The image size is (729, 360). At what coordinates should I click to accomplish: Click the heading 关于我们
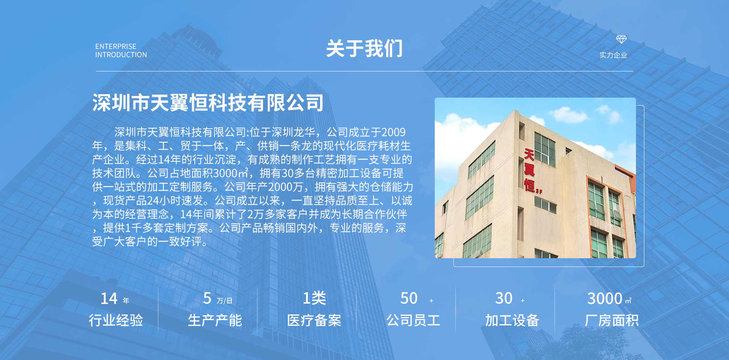coord(364,49)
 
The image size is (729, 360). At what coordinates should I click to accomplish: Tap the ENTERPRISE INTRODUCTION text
coord(121,51)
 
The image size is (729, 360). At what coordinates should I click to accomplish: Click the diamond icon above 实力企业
coord(621,39)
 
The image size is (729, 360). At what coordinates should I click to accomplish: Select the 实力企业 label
coord(613,55)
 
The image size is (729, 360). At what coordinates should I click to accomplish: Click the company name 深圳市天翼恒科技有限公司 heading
coord(208,103)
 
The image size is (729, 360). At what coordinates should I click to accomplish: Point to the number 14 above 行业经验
coord(109,298)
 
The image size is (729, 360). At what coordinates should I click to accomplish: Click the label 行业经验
coord(116,320)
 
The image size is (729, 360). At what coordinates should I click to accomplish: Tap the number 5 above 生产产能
coord(207,298)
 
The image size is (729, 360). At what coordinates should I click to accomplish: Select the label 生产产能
coord(215,320)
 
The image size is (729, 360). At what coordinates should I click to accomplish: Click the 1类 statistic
coord(314,298)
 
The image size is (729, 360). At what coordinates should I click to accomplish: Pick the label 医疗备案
coord(314,320)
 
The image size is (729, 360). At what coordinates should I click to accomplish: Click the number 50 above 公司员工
coord(409,298)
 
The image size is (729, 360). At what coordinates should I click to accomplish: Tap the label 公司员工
coord(413,320)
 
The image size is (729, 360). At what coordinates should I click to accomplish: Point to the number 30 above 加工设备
coord(504,298)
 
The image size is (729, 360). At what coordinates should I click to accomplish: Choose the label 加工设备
coord(512,320)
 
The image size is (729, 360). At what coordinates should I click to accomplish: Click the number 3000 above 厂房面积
coord(604,298)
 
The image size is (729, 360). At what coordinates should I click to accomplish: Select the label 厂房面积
coord(612,320)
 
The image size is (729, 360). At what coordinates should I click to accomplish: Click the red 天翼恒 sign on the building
coord(530,170)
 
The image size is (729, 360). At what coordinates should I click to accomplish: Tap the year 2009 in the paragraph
coord(393,132)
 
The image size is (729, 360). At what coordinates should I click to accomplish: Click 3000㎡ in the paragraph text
coord(231,173)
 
